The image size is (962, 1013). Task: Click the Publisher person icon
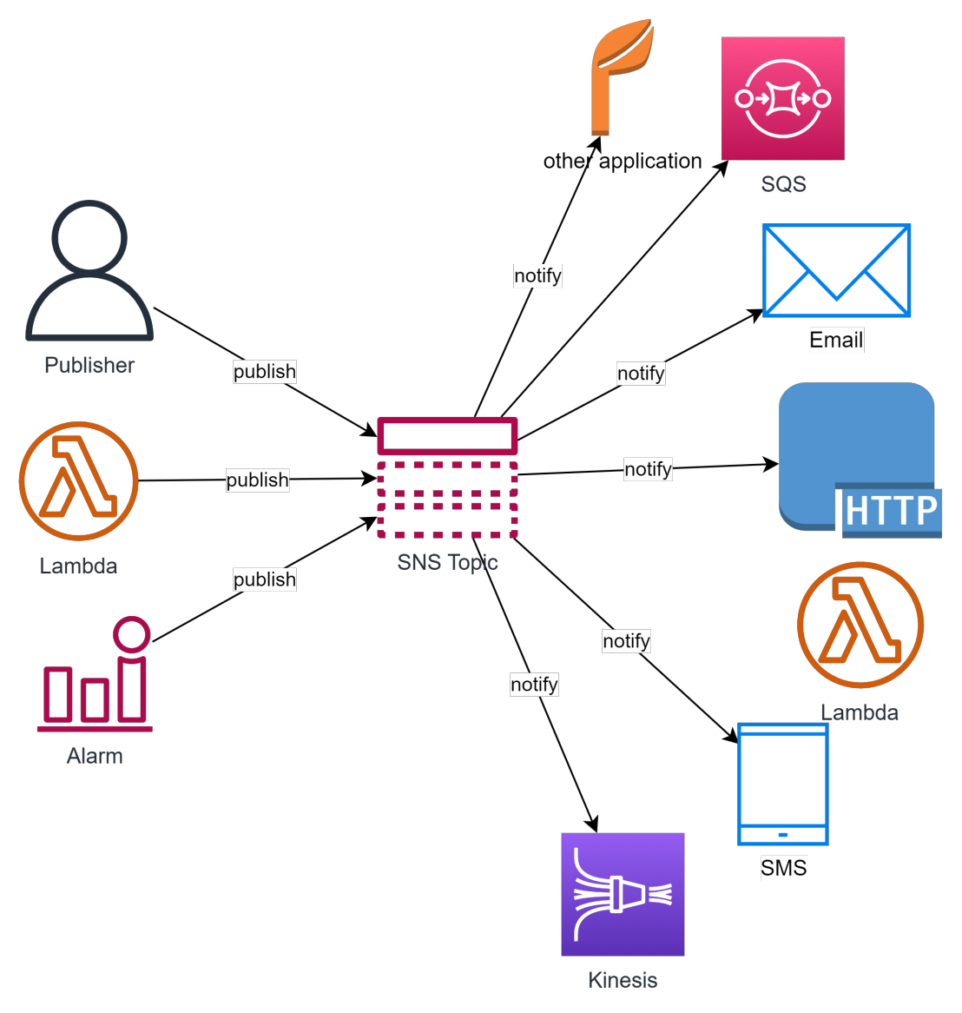pos(89,271)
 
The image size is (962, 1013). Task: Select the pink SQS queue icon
pos(782,98)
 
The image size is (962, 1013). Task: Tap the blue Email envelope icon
pos(836,270)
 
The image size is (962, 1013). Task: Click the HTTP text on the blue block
pos(891,510)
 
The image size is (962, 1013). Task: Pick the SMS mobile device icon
pos(782,784)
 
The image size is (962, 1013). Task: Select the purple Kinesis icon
pos(623,894)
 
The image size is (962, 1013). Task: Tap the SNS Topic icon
pos(447,479)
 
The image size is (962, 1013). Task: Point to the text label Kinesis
pos(623,980)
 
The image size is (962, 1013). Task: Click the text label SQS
pos(783,184)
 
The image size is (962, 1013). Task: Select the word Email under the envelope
pos(836,340)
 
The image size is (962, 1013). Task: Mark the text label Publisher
pos(89,365)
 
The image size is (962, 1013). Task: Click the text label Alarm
pos(95,756)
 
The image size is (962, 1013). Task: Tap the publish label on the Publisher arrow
pos(265,372)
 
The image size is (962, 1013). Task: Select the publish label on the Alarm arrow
pos(265,579)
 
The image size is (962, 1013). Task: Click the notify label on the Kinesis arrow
pos(534,685)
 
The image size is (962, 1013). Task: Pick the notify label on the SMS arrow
pos(626,641)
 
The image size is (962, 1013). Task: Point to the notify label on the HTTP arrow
pos(648,469)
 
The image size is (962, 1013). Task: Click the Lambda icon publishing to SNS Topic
pos(78,480)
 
